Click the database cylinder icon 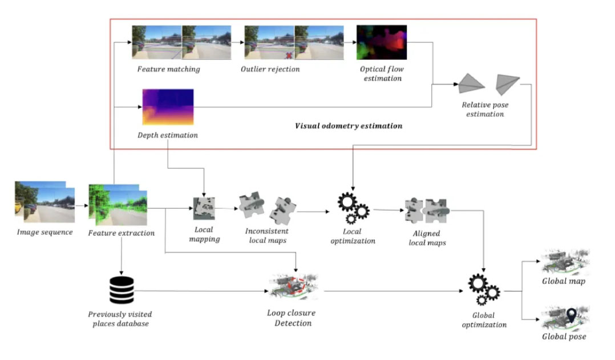[x=121, y=290]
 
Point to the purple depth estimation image [x=168, y=107]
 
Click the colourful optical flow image [x=381, y=42]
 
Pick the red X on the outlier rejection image [x=289, y=55]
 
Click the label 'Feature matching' [x=168, y=69]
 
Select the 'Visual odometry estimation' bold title [x=348, y=126]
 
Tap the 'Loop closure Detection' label [x=291, y=318]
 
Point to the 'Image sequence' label [x=45, y=232]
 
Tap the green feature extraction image [x=117, y=204]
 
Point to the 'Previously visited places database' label [x=120, y=319]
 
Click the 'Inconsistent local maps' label [x=266, y=236]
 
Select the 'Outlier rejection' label [x=270, y=69]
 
